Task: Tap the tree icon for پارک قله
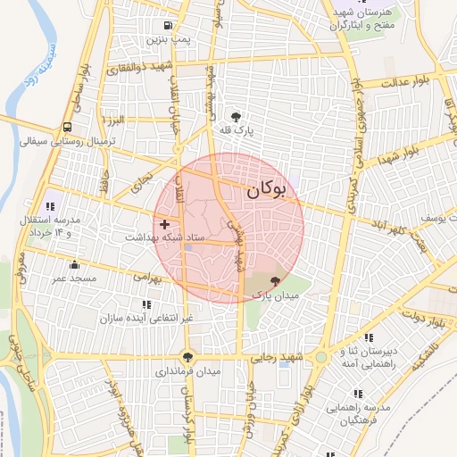pos(236,117)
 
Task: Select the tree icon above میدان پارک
pos(273,281)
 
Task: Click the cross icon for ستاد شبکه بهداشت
pos(163,222)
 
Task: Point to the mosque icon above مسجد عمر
pos(74,264)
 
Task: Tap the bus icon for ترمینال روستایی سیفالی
pos(68,127)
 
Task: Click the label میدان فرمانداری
pos(188,370)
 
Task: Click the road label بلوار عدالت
pos(407,82)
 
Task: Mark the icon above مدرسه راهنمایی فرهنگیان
pos(358,393)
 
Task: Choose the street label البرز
pos(117,120)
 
